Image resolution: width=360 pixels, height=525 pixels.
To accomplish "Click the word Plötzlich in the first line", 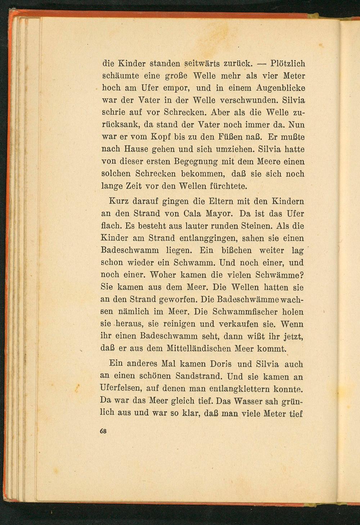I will pyautogui.click(x=287, y=64).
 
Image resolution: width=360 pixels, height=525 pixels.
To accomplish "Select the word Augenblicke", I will pyautogui.click(x=281, y=88).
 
